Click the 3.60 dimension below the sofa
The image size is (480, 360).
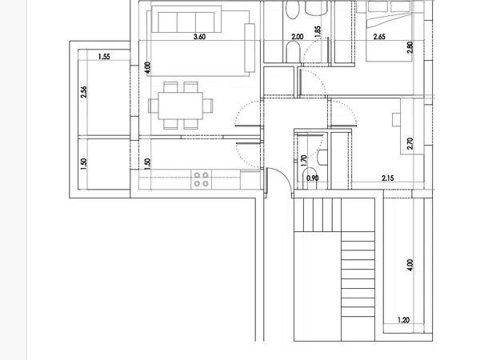point(199,37)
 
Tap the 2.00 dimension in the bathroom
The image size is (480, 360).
point(298,37)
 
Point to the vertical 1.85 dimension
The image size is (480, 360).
point(318,32)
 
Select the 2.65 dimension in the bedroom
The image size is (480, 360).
point(379,37)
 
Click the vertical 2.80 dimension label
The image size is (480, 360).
point(410,47)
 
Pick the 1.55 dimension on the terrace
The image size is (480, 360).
point(104,57)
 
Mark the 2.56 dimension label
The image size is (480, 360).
point(83,92)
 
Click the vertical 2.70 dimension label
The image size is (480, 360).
point(410,143)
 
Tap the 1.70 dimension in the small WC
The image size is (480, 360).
point(304,161)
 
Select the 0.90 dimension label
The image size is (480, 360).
point(313,178)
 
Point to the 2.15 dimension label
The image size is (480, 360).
point(388,178)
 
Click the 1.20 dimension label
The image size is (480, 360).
point(403,320)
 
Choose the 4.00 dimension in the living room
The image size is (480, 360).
point(147,68)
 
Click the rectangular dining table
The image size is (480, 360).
point(181,106)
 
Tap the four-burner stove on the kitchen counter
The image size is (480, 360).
point(201,179)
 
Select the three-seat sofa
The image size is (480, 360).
point(186,19)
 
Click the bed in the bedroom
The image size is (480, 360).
point(390,30)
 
